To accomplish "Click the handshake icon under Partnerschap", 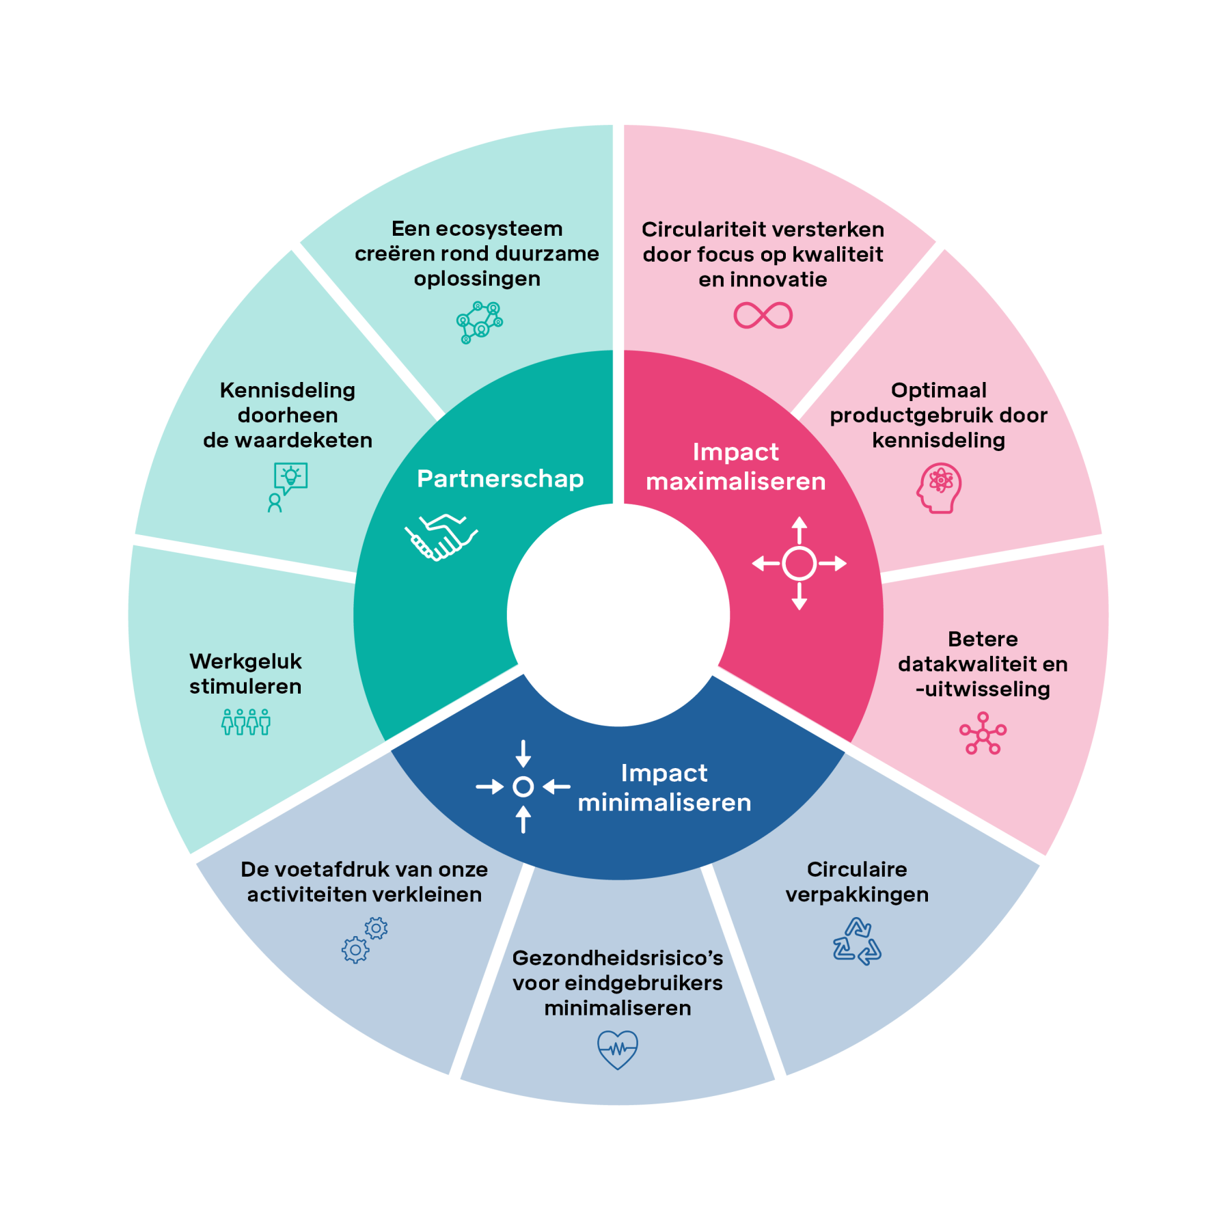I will coord(441,537).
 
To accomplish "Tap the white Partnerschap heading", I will coord(500,479).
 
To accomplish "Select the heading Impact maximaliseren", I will coord(735,467).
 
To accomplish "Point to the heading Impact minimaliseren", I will coord(664,788).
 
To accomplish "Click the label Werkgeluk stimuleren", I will coord(245,674).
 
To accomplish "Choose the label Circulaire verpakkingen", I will coord(857,881).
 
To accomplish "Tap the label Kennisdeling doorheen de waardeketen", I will coord(288,415).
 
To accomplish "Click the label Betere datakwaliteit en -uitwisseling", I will coord(983,664).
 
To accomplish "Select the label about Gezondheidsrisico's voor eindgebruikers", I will coord(618,983).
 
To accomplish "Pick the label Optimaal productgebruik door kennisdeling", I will coord(938,415).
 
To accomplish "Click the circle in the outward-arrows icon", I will coord(799,564).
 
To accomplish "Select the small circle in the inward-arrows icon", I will coord(523,787).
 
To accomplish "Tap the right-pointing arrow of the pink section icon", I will coord(834,564).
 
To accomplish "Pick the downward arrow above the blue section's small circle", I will coord(523,754).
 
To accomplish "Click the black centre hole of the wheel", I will coord(618,615).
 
